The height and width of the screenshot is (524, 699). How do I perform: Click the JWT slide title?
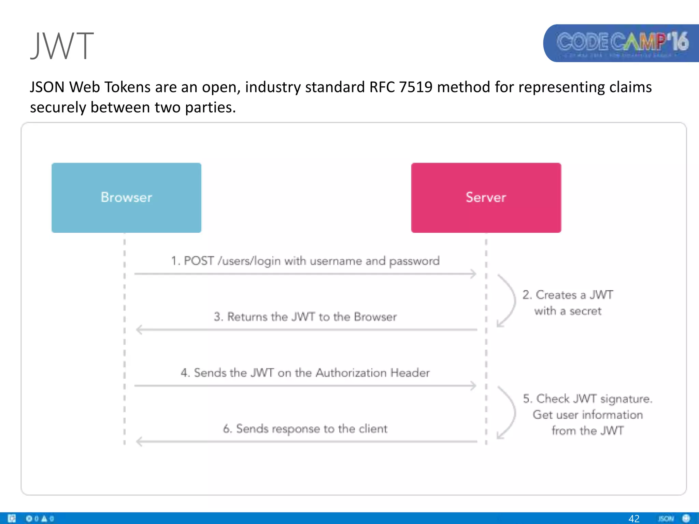tap(62, 46)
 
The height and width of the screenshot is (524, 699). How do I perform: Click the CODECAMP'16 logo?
tap(622, 43)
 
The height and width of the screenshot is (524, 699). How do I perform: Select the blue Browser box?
tap(126, 198)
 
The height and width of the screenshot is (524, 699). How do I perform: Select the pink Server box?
tap(486, 198)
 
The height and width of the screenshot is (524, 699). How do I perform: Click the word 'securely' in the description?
tap(58, 107)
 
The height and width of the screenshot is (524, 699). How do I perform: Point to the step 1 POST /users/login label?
tap(305, 261)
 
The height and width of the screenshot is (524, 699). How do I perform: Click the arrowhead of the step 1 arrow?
tap(473, 274)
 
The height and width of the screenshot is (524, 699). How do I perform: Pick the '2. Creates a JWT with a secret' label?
tap(568, 303)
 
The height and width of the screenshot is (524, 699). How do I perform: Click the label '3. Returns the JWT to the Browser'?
tap(305, 317)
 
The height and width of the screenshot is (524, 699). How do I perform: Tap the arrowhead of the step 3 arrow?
tap(139, 330)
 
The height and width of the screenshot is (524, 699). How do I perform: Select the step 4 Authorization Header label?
tap(305, 373)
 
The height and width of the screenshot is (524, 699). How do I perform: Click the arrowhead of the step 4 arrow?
tap(473, 385)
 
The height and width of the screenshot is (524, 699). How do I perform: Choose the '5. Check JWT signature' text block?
tap(587, 414)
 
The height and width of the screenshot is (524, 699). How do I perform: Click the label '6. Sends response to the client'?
tap(305, 429)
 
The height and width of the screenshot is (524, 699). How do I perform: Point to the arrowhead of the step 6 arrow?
tap(139, 441)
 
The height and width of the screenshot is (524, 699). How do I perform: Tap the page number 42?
tap(634, 519)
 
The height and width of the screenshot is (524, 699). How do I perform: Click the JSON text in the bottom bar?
tap(666, 519)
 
